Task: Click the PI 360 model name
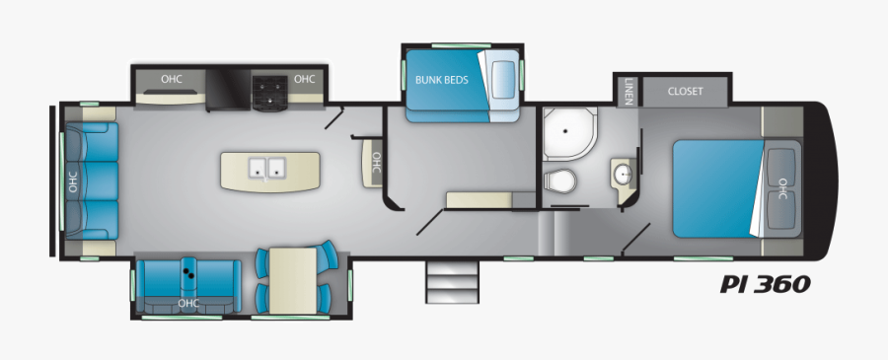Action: click(x=765, y=284)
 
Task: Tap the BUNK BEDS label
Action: click(x=441, y=80)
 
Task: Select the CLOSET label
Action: click(x=685, y=92)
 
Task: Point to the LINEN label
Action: click(x=628, y=92)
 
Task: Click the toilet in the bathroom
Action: click(x=560, y=181)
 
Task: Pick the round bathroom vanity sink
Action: click(x=622, y=174)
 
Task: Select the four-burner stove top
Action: click(x=269, y=91)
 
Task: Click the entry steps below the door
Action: click(x=445, y=283)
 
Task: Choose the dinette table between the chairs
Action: click(x=293, y=279)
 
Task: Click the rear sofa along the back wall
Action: click(x=90, y=181)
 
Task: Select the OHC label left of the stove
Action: click(x=172, y=79)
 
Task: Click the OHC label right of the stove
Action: click(x=305, y=79)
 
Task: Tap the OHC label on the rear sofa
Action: click(x=72, y=181)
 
